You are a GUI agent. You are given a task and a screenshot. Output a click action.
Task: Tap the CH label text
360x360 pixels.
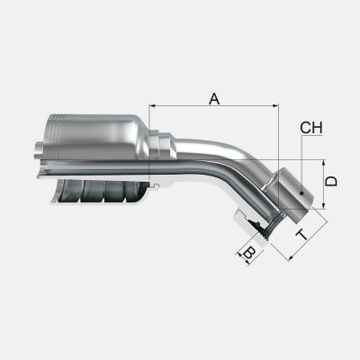[x=311, y=128]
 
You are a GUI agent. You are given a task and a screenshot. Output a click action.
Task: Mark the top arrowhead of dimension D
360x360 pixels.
[x=321, y=163]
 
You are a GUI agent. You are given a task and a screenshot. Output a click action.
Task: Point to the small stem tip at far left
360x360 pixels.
[x=37, y=148]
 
